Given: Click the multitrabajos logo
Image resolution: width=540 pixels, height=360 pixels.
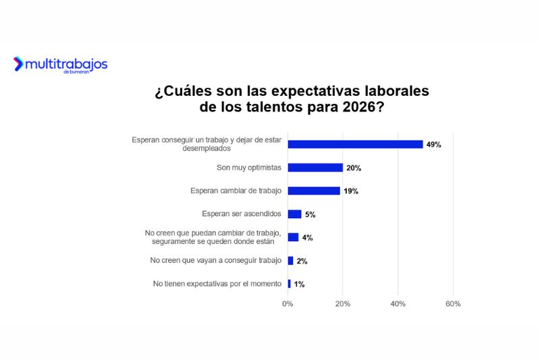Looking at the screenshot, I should [60, 65].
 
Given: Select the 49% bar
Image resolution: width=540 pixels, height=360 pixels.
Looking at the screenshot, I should [355, 145].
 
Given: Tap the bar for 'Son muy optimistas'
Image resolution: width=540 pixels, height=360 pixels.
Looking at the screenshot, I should [315, 168].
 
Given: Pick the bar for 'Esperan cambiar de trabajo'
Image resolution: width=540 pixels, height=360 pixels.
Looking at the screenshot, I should [314, 191].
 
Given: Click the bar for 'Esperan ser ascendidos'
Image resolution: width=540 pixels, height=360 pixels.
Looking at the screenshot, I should [295, 214].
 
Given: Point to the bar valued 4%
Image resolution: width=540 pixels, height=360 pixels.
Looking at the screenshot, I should [293, 237].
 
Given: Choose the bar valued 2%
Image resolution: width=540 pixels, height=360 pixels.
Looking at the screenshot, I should [291, 261].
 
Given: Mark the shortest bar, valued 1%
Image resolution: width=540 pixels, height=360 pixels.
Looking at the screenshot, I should [290, 284].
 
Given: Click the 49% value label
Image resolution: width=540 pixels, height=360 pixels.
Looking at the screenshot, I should [433, 145].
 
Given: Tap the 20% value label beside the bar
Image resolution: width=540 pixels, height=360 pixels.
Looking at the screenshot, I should [353, 168].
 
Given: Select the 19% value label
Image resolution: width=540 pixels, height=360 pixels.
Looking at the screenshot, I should [350, 191].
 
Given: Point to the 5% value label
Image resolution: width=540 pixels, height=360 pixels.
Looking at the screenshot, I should [310, 215].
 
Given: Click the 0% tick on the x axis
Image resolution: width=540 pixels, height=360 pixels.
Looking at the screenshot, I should [288, 304].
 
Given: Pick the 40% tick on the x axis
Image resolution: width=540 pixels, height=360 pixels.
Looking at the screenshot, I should [398, 304].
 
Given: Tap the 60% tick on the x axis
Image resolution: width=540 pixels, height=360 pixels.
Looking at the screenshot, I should [453, 304].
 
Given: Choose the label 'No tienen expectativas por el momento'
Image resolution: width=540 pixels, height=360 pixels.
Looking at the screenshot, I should [217, 284].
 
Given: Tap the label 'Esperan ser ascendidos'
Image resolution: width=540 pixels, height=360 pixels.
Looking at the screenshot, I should [241, 214].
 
